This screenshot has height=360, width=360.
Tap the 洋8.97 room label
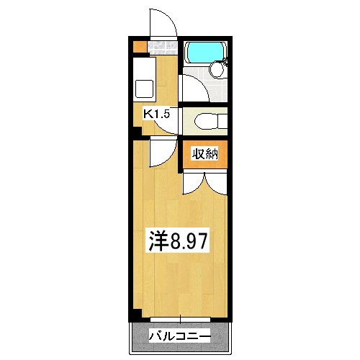pos(179,240)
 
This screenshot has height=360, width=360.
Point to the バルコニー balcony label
pos(180,336)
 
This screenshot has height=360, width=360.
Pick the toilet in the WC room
pos(207,120)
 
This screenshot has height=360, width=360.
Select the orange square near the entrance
pos(138,48)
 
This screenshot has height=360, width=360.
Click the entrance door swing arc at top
pos(164,22)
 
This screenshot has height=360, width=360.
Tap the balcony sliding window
pos(180,319)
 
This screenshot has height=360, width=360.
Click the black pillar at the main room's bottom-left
pos(135,314)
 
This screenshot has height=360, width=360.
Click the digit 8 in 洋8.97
pos(174,240)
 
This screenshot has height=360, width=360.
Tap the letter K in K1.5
pos(147,114)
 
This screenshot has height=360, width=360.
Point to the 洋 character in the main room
pos(159,240)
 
